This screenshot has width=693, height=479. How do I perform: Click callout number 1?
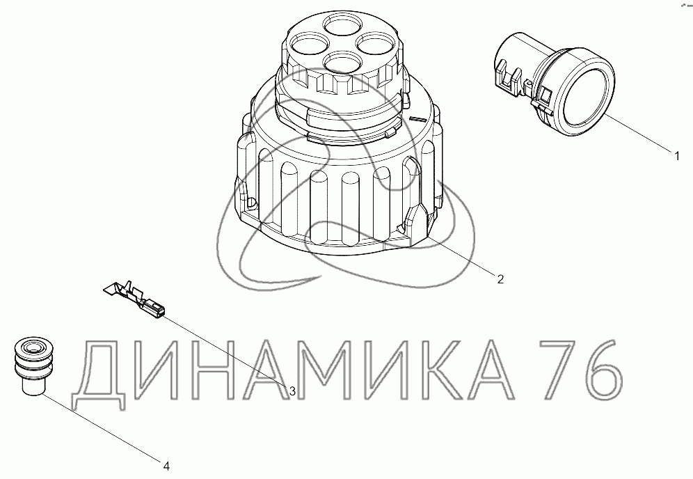click(676, 156)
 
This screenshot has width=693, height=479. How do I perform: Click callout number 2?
click(500, 279)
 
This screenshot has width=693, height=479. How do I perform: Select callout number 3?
click(292, 391)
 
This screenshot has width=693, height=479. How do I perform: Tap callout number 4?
click(166, 466)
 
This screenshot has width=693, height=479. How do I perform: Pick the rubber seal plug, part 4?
click(31, 367)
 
